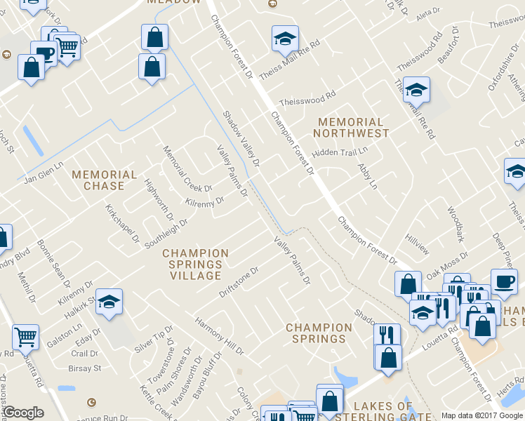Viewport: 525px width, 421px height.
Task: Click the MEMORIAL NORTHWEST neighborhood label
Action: [351, 127]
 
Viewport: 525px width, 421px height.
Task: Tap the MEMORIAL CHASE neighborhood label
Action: [105, 180]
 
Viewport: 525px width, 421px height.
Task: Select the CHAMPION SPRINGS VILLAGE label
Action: [196, 265]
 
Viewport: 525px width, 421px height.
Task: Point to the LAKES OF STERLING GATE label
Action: [383, 412]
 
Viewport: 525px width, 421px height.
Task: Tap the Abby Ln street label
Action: [368, 177]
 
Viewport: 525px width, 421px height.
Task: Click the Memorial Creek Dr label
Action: [187, 169]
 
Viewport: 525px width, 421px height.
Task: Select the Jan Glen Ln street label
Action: [44, 171]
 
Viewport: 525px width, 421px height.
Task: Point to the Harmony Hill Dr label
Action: [220, 335]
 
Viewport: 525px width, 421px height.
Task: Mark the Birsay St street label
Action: [86, 368]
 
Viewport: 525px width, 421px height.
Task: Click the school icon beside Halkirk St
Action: [109, 301]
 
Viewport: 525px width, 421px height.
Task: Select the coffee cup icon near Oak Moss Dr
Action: [503, 281]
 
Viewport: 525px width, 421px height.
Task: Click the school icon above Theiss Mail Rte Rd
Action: [285, 38]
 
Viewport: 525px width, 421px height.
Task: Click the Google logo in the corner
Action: [23, 413]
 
